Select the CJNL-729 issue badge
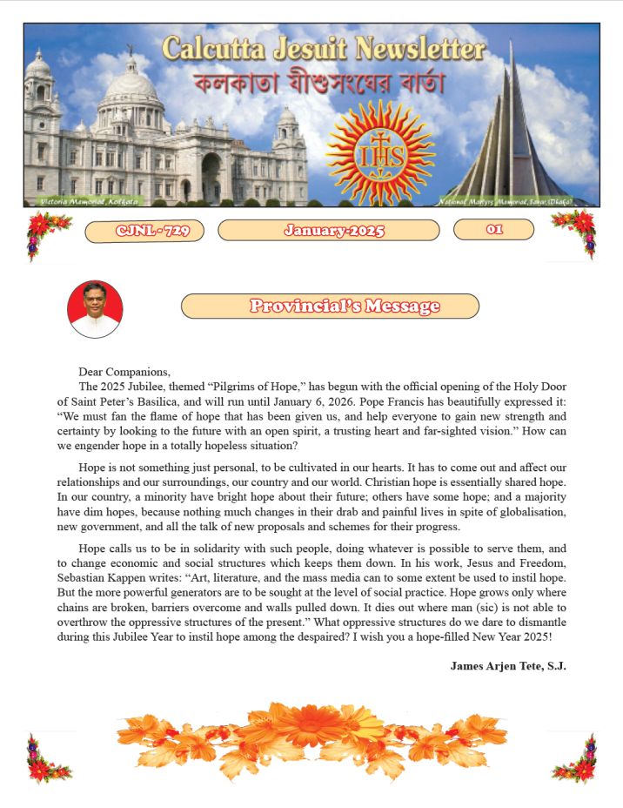144,231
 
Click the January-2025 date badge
329,231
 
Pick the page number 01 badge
493,230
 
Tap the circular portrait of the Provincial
95,309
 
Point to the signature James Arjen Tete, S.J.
508,666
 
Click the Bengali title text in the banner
320,85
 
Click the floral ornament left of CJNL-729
48,233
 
